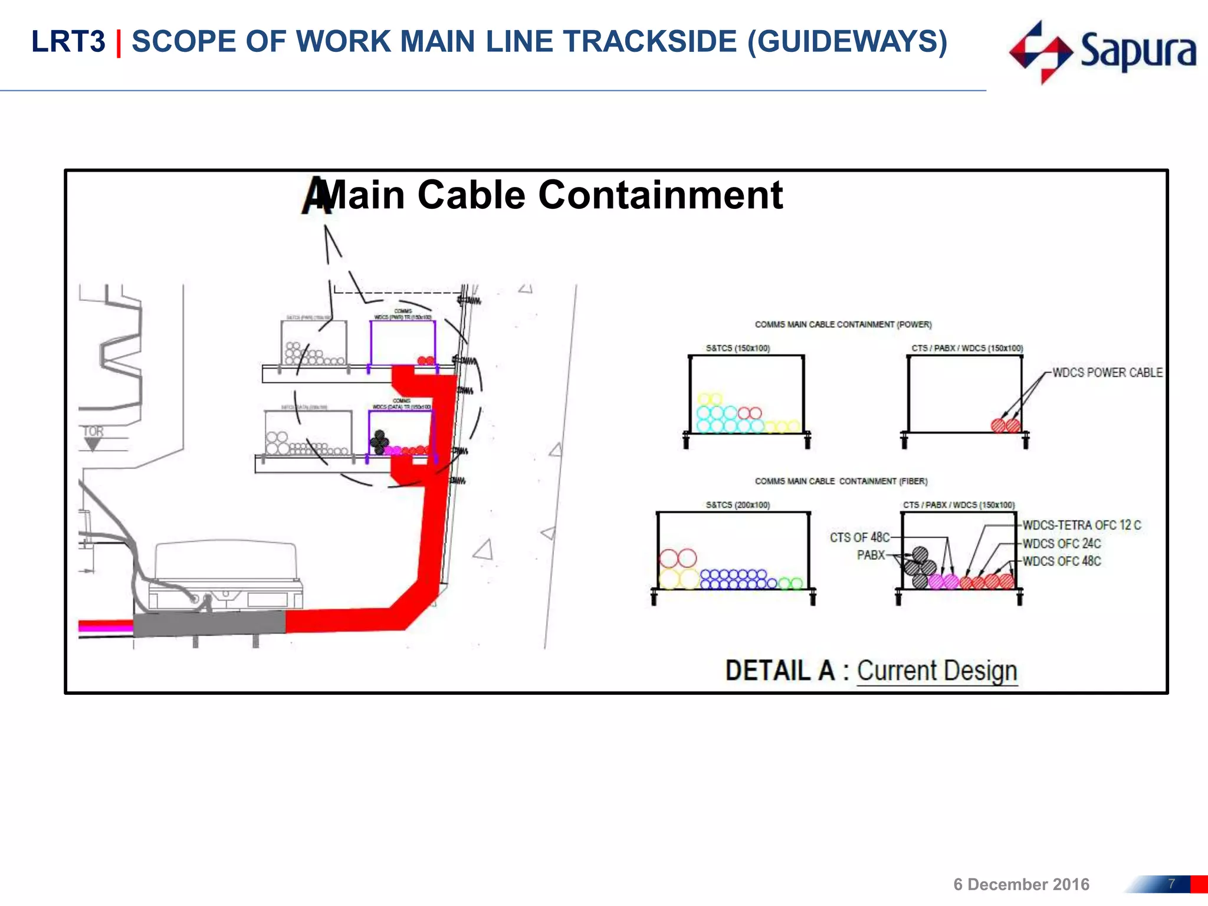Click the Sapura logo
tap(1102, 52)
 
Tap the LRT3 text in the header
tap(68, 42)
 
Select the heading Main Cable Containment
tap(553, 195)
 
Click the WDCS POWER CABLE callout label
tap(1107, 373)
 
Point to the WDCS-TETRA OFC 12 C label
tap(1081, 525)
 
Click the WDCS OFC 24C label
tap(1061, 543)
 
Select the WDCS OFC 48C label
tap(1061, 561)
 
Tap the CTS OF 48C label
tap(859, 537)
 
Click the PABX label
tap(871, 555)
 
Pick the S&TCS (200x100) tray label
tap(737, 505)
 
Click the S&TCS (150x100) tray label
tap(737, 348)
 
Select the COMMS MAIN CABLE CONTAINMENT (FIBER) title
tap(841, 481)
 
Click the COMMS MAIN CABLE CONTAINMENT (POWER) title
tap(843, 324)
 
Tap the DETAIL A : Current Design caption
tap(871, 671)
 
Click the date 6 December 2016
tap(1021, 884)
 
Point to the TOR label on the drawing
tap(93, 432)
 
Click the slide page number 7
tap(1171, 884)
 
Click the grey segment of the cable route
tap(209, 623)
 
